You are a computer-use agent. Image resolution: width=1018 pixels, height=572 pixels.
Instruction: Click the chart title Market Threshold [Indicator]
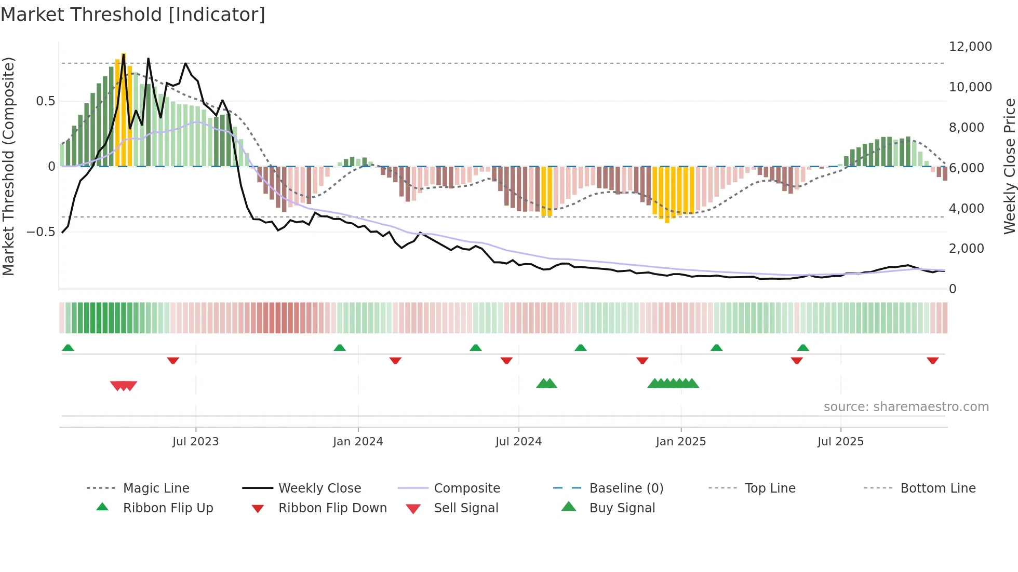pos(133,15)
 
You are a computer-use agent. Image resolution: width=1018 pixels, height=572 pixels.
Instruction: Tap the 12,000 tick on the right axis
pos(970,47)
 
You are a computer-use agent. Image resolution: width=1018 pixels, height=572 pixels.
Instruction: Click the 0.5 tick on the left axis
pos(45,101)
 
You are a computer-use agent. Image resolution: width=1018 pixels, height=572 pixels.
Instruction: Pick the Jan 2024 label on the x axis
pos(358,442)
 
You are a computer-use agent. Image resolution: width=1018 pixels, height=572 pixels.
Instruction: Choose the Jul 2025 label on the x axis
pos(840,442)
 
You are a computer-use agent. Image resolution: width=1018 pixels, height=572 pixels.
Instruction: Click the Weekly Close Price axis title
pos(1009,166)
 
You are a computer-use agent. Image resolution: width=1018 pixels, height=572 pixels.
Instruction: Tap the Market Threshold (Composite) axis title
pos(8,166)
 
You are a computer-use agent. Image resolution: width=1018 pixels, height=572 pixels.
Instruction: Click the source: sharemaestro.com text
pos(906,407)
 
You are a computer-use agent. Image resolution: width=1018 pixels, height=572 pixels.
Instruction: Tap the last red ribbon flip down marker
pos(932,360)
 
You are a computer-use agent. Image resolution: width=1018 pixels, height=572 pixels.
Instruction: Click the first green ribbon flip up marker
pos(68,348)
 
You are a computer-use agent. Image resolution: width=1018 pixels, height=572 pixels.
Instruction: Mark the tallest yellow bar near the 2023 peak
pos(124,109)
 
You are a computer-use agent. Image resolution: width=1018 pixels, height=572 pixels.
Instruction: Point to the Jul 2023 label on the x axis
pos(196,442)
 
